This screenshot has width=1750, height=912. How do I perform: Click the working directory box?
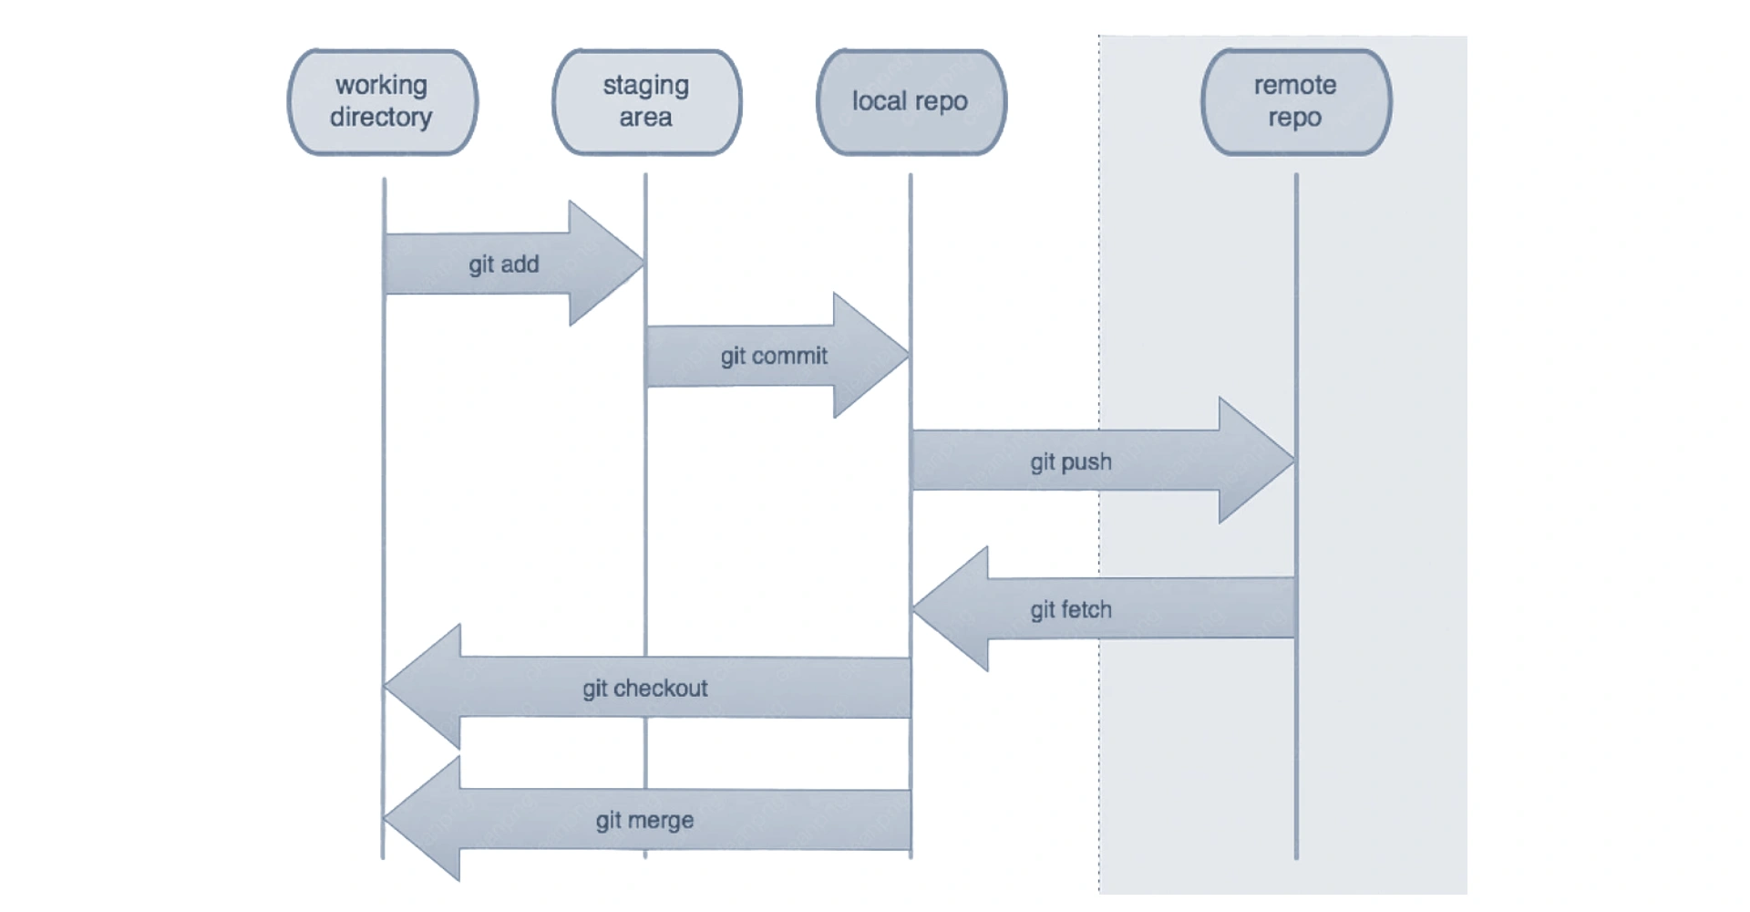[x=383, y=101]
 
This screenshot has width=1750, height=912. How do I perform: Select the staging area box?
[x=647, y=101]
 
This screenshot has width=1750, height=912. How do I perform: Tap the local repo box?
[x=911, y=101]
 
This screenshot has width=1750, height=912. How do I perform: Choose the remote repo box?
[x=1295, y=101]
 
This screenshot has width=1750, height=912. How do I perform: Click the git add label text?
[x=504, y=264]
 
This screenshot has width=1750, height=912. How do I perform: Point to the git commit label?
[x=774, y=356]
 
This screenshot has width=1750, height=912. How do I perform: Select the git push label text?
[x=1071, y=461]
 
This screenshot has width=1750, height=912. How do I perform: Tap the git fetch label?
[x=1071, y=609]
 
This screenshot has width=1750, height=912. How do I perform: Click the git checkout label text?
[x=645, y=688]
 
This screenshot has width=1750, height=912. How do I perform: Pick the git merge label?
[x=644, y=820]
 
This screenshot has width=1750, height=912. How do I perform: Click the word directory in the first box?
[x=381, y=118]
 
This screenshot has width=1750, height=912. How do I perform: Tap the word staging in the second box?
[x=645, y=86]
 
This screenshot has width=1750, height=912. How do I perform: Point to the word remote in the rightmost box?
[x=1294, y=86]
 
